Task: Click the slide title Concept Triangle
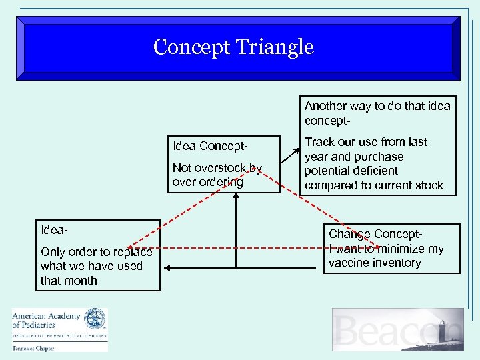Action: click(x=233, y=47)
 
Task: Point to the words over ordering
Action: click(x=207, y=182)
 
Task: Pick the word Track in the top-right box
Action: click(x=319, y=142)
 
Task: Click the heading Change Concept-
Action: click(x=375, y=234)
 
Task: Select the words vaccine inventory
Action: click(x=375, y=263)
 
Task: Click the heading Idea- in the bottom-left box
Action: click(x=54, y=231)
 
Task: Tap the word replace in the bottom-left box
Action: click(x=133, y=252)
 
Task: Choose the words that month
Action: click(x=69, y=281)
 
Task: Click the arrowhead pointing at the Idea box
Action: click(x=167, y=268)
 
